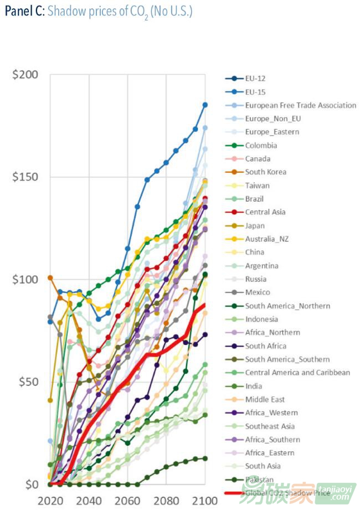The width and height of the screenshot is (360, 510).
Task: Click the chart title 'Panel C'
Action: pos(23,11)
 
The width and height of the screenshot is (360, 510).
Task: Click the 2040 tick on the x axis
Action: pos(89,501)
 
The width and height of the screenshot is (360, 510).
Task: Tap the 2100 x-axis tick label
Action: pos(204,501)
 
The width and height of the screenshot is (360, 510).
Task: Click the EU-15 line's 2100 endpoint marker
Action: pos(205,105)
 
